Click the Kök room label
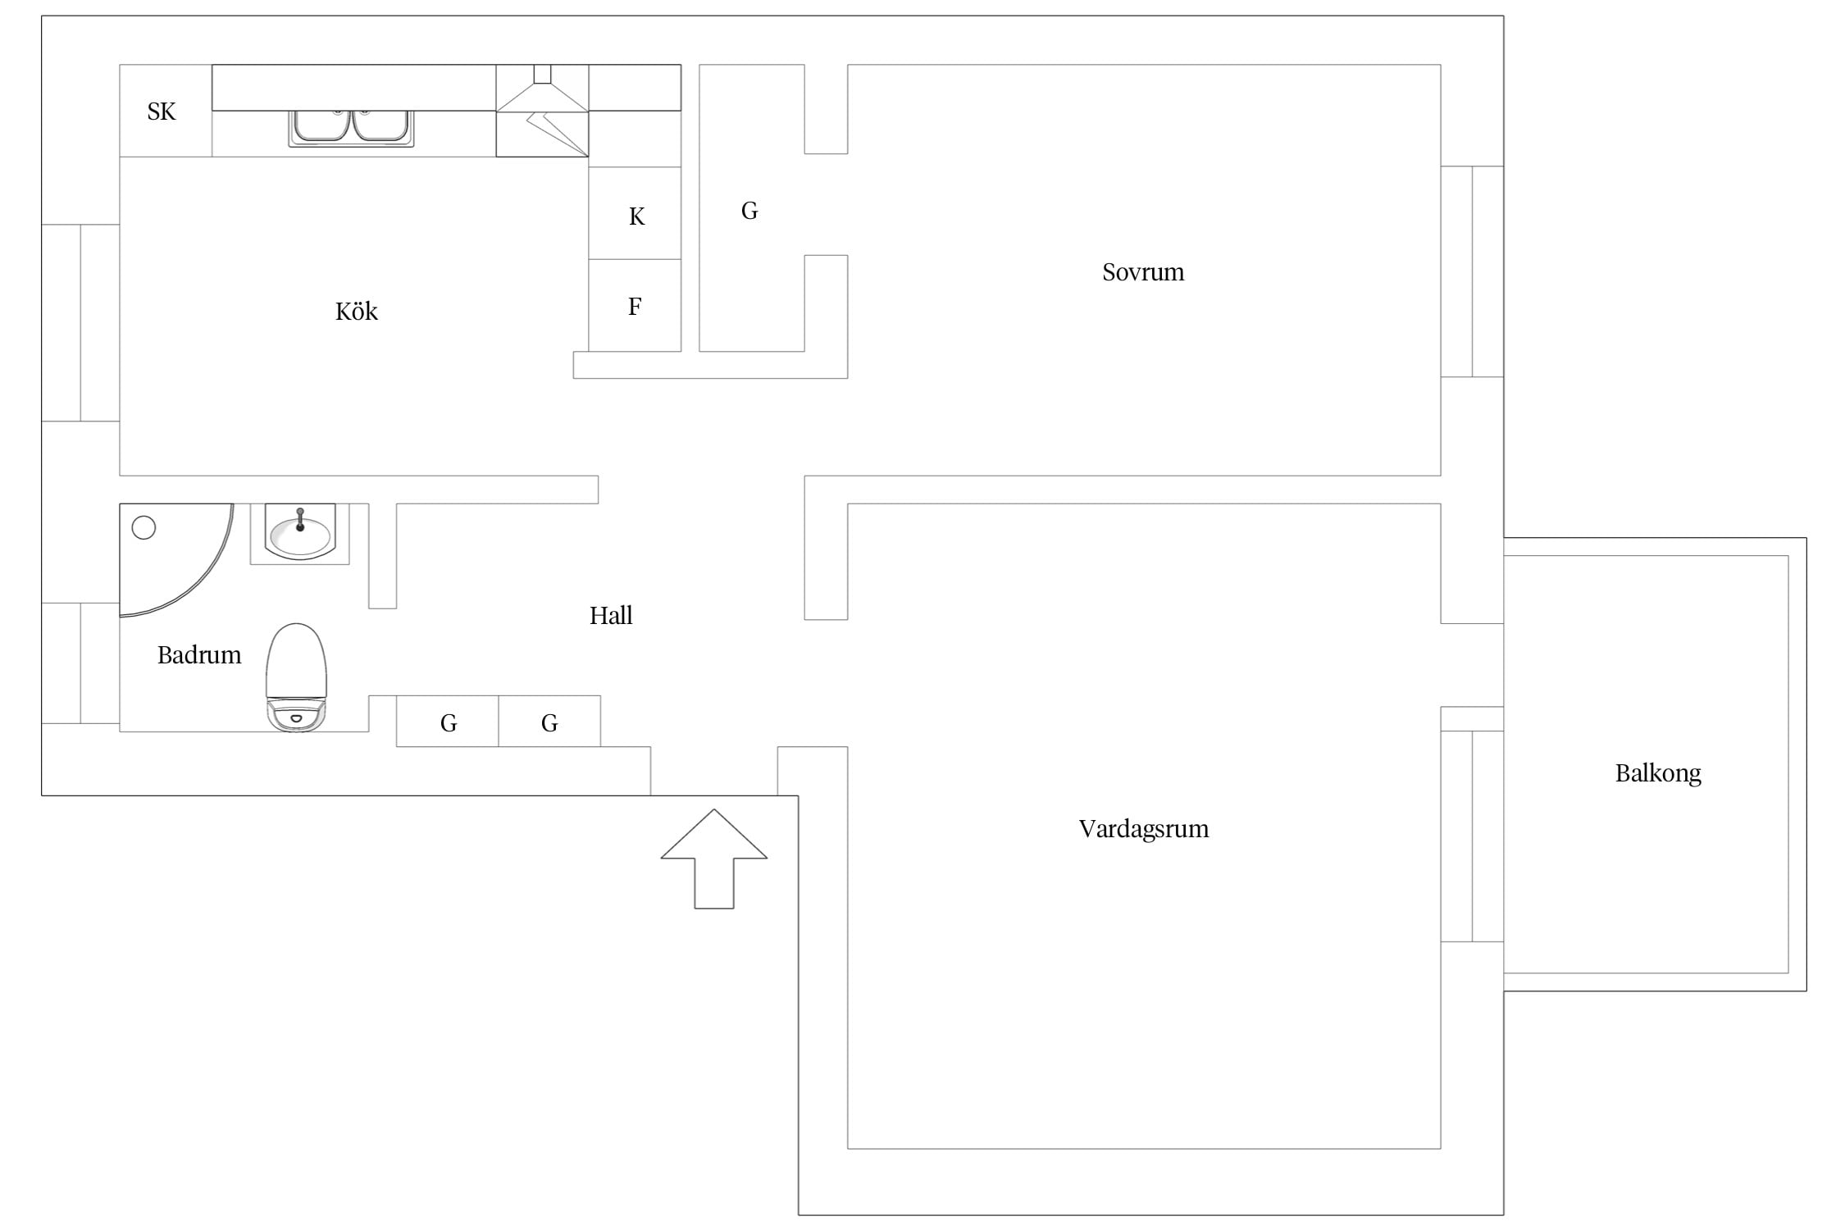357,312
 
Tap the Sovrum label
1143,272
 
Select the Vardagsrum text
1144,829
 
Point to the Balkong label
1658,773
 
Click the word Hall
611,616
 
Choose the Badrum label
199,655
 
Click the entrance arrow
714,859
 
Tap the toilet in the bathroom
297,677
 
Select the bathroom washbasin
300,533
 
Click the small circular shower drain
143,528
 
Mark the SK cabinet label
162,112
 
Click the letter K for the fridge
636,216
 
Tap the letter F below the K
635,307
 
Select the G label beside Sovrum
749,211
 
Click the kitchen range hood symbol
542,111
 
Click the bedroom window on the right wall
1472,271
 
